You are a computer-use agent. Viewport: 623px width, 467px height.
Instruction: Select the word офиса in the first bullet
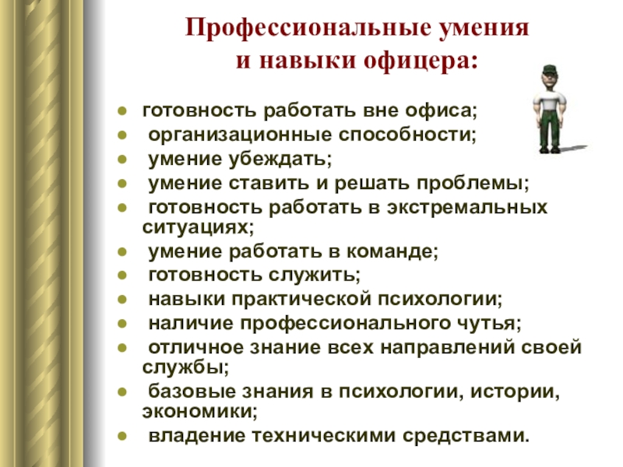[x=437, y=111]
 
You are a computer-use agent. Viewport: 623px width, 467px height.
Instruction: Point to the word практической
[x=302, y=300]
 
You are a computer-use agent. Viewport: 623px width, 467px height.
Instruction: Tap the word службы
[x=182, y=367]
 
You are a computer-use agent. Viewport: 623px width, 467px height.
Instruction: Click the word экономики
[x=197, y=412]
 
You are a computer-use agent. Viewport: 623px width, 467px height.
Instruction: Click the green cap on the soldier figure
[x=550, y=69]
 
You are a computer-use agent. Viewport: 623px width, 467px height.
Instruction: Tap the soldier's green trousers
[x=551, y=128]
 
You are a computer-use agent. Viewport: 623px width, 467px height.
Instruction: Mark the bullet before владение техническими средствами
[x=122, y=437]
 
